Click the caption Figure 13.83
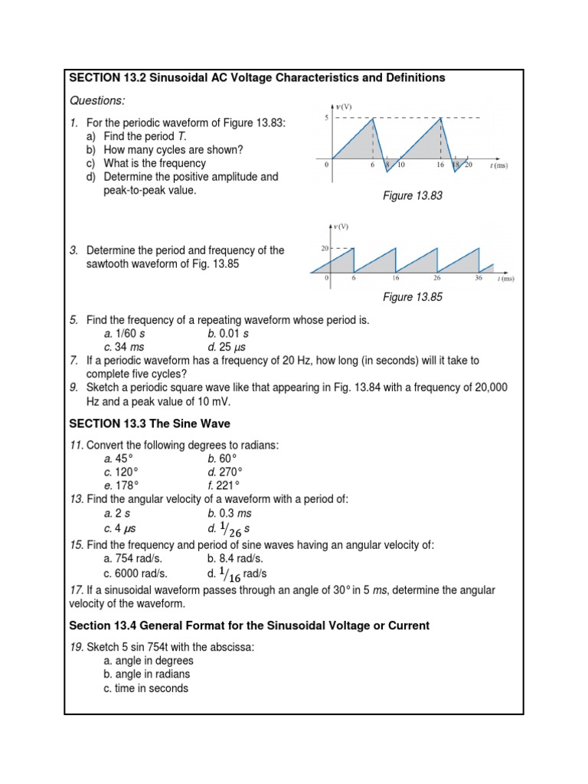click(x=413, y=197)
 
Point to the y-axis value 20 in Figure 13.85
click(x=325, y=248)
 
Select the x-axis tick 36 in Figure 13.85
click(x=478, y=279)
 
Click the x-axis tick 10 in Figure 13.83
click(x=400, y=165)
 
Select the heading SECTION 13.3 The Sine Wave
click(x=149, y=423)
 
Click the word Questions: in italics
click(x=97, y=101)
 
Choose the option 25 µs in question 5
click(x=227, y=347)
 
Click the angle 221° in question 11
click(x=227, y=485)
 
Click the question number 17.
click(x=77, y=590)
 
